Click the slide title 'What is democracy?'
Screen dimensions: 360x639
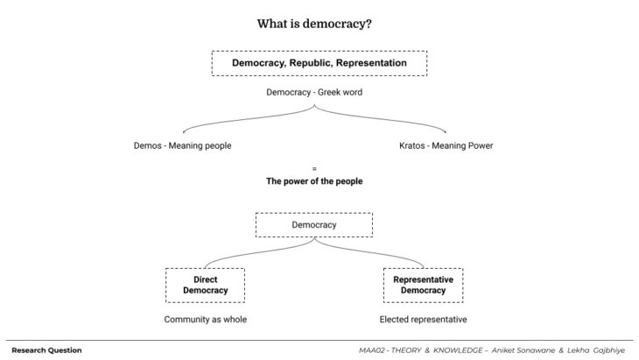click(x=319, y=24)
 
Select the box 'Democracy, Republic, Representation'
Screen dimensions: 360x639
click(x=319, y=63)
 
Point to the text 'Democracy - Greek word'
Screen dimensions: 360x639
click(x=313, y=91)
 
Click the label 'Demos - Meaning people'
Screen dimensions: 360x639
click(x=182, y=145)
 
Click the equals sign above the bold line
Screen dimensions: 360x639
click(x=313, y=167)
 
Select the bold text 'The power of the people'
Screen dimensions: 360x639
click(x=313, y=181)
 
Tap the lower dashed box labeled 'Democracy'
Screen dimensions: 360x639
click(x=313, y=225)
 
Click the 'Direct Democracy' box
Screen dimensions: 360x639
click(x=206, y=285)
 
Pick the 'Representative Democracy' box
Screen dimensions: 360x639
click(x=423, y=285)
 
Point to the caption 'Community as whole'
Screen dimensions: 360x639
click(x=206, y=319)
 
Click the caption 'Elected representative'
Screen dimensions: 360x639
click(x=423, y=319)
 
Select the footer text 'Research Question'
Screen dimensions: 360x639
click(x=46, y=350)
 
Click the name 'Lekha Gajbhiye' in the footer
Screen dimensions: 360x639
click(x=596, y=350)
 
